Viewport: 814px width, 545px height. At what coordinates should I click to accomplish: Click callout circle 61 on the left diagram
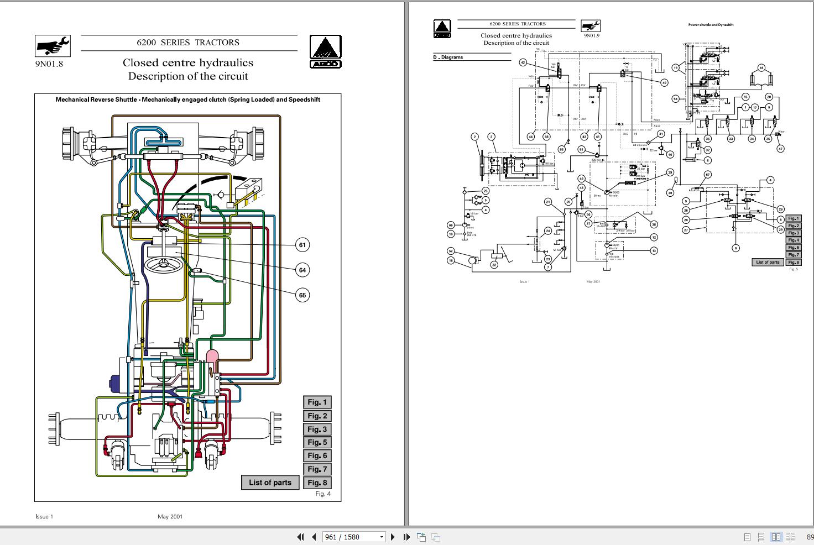tap(302, 245)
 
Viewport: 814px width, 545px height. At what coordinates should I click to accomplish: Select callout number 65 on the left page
tap(302, 295)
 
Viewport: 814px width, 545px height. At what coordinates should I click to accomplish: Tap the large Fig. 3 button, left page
tap(317, 429)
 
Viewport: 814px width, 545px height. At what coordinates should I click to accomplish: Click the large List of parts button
tap(270, 483)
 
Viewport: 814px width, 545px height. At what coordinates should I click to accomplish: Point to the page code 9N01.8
tap(49, 64)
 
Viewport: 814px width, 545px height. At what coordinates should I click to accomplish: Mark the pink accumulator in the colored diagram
tap(212, 357)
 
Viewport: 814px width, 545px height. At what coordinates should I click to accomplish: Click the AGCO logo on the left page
tap(325, 51)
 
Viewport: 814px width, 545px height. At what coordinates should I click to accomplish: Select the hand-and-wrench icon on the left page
tap(53, 46)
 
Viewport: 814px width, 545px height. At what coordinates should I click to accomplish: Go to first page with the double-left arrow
tap(301, 537)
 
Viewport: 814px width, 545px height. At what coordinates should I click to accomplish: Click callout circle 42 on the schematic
tap(523, 62)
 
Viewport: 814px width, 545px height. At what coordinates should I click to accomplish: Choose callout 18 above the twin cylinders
tap(761, 68)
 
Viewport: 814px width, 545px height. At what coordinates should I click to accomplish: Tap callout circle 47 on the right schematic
tap(780, 149)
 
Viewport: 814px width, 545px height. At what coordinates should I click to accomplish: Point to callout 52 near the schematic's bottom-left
tap(451, 251)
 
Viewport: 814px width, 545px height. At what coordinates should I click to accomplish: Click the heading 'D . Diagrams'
tap(448, 57)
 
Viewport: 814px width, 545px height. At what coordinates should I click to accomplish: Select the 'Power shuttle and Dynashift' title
tap(711, 25)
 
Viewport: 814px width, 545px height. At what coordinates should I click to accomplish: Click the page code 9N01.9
tap(591, 36)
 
